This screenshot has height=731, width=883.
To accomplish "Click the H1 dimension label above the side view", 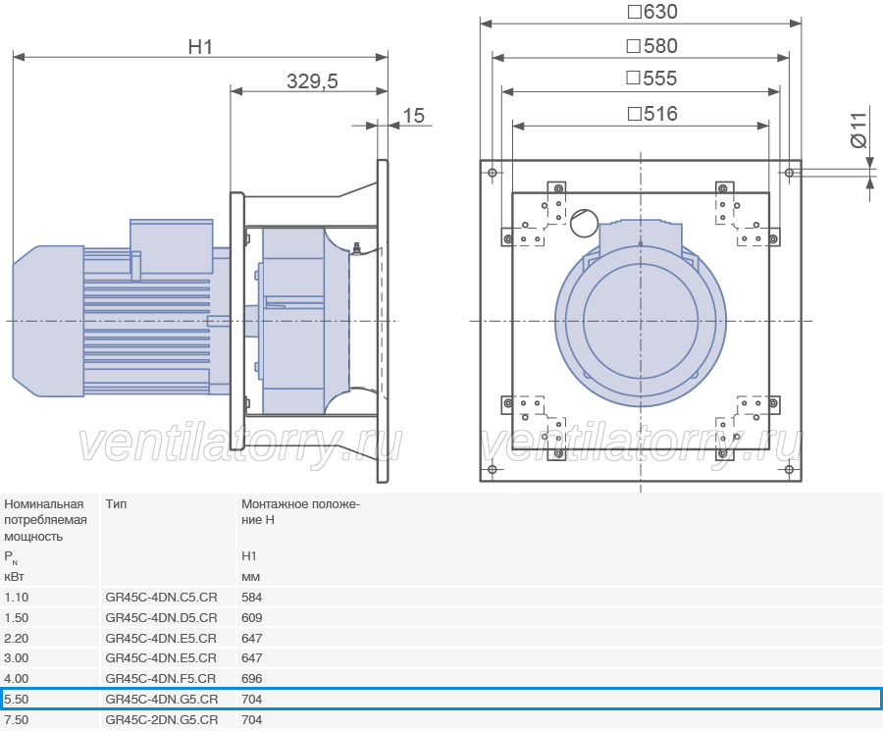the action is click(x=200, y=47).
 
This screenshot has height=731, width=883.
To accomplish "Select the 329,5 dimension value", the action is click(x=312, y=81).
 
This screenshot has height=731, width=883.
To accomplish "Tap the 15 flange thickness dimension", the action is click(x=413, y=116).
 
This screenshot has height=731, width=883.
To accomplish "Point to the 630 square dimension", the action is click(x=652, y=12).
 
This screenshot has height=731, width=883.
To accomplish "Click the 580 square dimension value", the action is click(x=652, y=45).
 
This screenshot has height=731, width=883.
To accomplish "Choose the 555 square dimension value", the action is click(x=651, y=78).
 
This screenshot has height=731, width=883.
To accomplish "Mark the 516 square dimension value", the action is click(x=652, y=114).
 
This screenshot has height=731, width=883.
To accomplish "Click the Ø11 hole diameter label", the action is click(x=858, y=131).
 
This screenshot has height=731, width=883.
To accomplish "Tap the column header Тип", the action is click(x=116, y=504).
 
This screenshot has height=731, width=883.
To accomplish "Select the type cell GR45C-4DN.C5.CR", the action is click(x=161, y=597).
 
